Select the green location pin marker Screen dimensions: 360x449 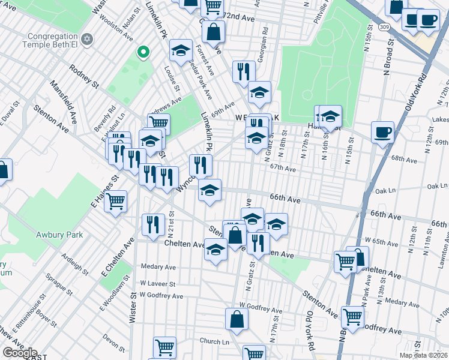143,53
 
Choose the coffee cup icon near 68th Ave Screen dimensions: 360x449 382,132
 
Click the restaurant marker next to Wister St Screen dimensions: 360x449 153,224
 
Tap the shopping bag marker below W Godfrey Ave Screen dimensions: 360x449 237,319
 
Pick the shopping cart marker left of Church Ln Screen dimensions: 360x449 164,347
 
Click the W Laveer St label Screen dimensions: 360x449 158,284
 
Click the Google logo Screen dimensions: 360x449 19,353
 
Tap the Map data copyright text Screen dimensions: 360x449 423,355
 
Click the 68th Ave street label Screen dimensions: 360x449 403,160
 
